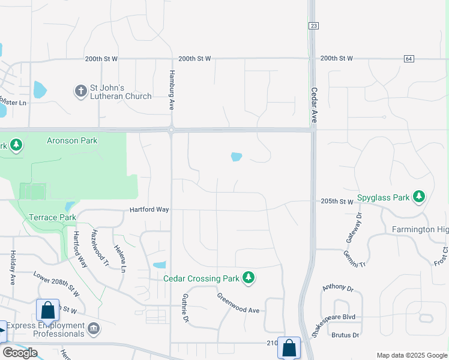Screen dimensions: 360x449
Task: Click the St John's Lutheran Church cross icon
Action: tap(80, 91)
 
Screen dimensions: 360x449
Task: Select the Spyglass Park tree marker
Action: tap(419, 197)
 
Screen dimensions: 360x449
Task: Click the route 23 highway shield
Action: tap(315, 26)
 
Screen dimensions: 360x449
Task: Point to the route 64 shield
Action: tap(409, 58)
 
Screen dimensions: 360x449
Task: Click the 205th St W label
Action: tap(337, 202)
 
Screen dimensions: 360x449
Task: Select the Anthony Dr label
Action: tap(335, 288)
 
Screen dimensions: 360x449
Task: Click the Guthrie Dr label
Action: tap(185, 308)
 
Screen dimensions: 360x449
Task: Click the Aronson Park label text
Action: tap(72, 141)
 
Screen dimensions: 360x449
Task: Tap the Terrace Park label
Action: tap(53, 217)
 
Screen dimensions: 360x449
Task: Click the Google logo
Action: tap(20, 353)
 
